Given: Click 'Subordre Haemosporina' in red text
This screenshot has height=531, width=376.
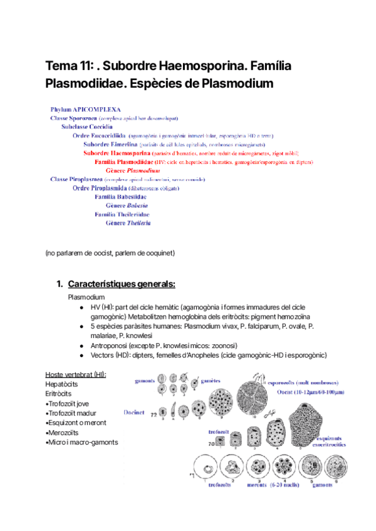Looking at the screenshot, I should pyautogui.click(x=117, y=153).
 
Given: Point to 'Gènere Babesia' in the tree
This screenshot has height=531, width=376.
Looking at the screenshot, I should pyautogui.click(x=127, y=205).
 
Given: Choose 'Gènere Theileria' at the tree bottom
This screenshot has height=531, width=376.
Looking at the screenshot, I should pyautogui.click(x=128, y=223).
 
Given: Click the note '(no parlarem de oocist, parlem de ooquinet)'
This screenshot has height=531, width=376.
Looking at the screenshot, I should pyautogui.click(x=110, y=253).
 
